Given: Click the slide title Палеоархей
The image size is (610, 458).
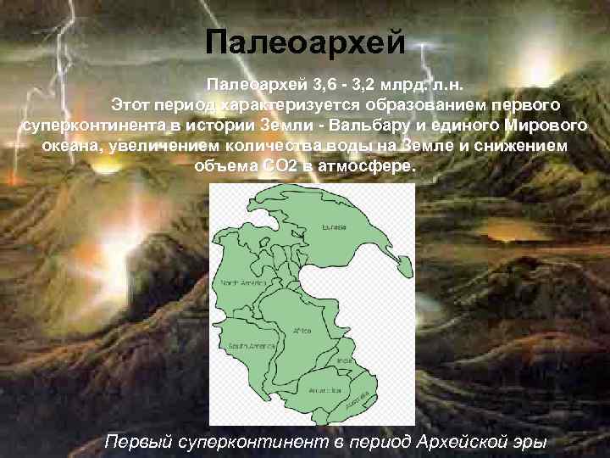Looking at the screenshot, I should [x=306, y=42].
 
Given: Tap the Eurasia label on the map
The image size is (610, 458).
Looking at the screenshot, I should [x=334, y=227].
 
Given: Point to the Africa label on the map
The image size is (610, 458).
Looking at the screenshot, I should [x=302, y=329].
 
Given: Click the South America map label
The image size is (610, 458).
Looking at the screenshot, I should [x=251, y=345].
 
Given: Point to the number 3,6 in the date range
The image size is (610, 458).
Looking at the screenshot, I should [x=324, y=86].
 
